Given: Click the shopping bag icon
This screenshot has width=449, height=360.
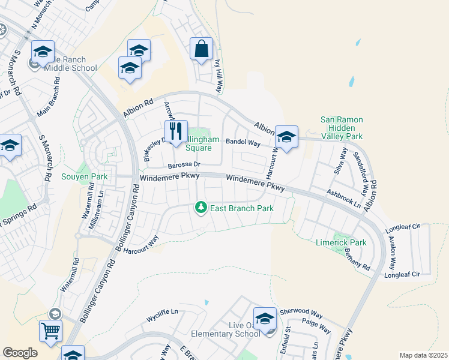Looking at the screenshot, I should [x=201, y=49].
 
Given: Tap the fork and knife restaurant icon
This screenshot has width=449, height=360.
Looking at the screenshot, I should [x=176, y=131].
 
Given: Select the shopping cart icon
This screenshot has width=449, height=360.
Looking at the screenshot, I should [x=50, y=330].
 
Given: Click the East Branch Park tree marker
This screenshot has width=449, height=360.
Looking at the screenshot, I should [x=201, y=208].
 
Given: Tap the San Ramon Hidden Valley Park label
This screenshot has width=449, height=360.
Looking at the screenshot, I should [x=342, y=128].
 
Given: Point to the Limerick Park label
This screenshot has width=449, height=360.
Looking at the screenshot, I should [x=341, y=242].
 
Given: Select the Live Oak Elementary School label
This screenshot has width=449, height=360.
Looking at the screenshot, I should [x=225, y=329].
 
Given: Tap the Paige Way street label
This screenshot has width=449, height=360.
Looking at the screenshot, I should [x=316, y=326].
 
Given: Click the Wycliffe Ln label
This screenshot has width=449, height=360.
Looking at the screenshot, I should [x=163, y=312].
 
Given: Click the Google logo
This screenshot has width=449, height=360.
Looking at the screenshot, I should [x=20, y=353].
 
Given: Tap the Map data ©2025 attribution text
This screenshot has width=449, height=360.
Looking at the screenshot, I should [x=423, y=355].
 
